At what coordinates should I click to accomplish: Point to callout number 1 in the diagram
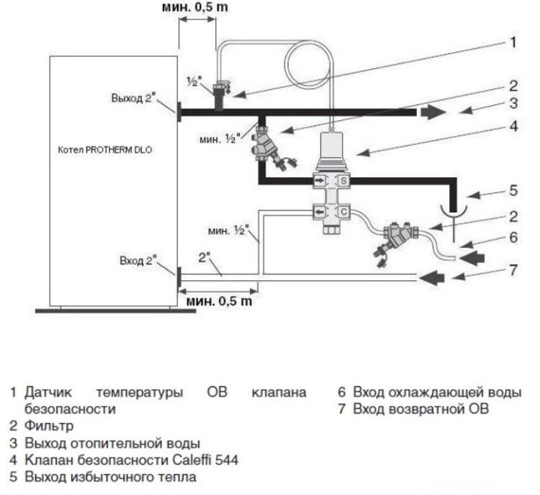point(513,43)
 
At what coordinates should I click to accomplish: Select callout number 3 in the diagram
point(513,104)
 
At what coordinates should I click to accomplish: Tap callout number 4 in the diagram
point(513,127)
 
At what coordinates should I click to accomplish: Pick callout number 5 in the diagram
point(513,189)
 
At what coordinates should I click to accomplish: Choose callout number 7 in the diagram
point(513,268)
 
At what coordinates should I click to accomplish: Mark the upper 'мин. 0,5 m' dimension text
point(196,8)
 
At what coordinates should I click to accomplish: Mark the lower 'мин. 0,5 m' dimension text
point(219,301)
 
